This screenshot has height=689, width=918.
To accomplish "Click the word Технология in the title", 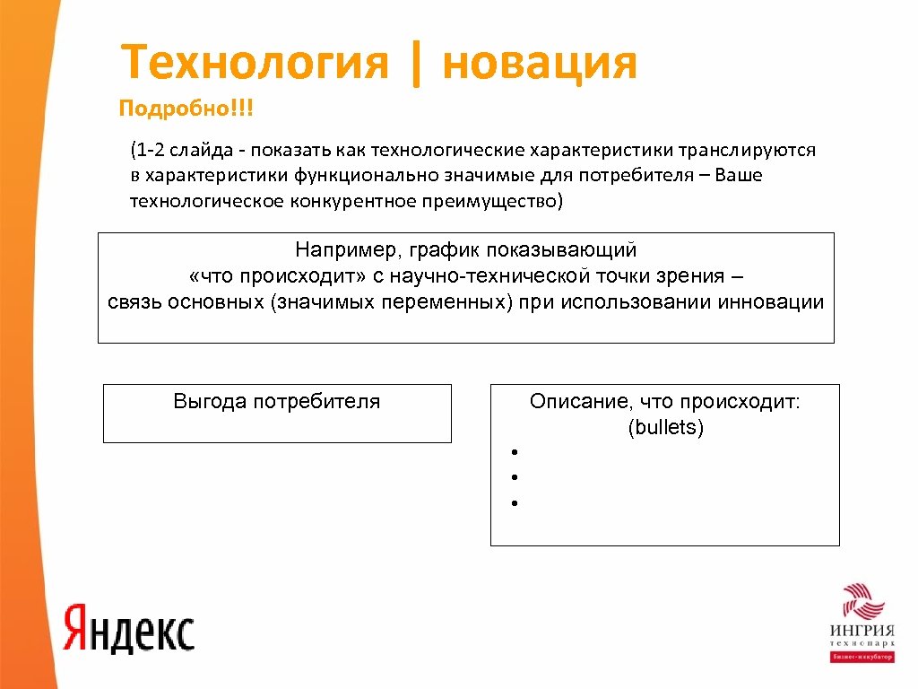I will pyautogui.click(x=255, y=64).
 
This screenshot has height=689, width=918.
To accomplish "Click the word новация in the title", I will pyautogui.click(x=539, y=64).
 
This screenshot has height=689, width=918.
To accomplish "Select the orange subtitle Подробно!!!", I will pyautogui.click(x=186, y=109).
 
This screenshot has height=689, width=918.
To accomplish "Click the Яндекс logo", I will pyautogui.click(x=129, y=627).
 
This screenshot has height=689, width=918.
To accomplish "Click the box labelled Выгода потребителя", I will pyautogui.click(x=277, y=413).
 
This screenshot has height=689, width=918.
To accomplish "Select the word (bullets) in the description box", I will pyautogui.click(x=666, y=428).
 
